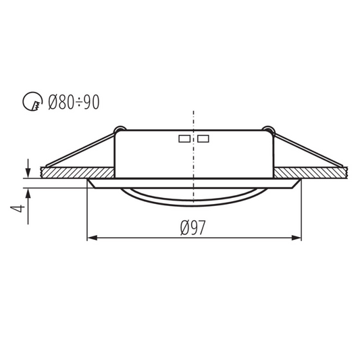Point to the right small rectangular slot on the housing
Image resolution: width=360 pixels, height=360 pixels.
tap(203, 139)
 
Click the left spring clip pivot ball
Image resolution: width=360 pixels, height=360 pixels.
tap(119, 128)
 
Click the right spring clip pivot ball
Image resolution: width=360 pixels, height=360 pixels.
tap(269, 128)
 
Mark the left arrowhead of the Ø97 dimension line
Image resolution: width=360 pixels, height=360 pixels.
tap(93, 238)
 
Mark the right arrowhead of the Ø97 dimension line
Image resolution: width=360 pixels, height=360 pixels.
tap(297, 238)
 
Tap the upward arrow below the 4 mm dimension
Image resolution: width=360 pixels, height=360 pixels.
tap(28, 190)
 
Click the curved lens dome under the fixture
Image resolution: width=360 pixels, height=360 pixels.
tap(194, 197)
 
